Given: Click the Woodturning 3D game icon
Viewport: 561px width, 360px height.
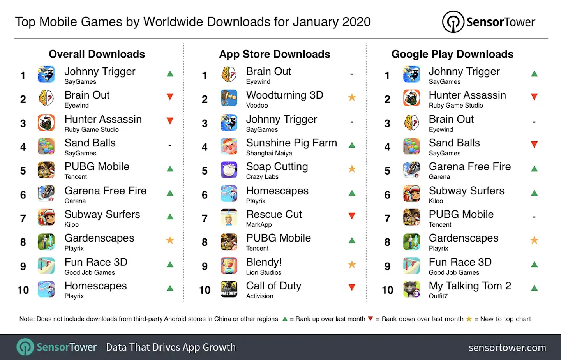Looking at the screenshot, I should coord(229,98).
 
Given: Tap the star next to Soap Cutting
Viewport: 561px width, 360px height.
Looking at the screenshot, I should coord(352,169).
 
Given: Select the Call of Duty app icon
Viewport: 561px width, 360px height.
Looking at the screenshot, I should coord(229,289).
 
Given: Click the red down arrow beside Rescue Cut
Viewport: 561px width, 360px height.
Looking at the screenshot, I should coord(352,216).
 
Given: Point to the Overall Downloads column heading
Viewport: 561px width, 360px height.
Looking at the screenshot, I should coord(97,54).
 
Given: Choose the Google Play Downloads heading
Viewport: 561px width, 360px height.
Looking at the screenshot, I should coord(452,54).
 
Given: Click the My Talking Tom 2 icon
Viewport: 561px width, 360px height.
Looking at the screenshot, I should coord(411,289).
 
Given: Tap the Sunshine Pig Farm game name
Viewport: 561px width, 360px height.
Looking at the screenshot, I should coord(291,143).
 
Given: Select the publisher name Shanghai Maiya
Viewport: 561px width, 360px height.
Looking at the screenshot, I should coord(269,153).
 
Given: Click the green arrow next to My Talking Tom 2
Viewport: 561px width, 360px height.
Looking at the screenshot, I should coord(534,288).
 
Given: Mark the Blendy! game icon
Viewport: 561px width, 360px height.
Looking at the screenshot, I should coord(229,265).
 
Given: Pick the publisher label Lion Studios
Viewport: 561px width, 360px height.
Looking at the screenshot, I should coord(263,272).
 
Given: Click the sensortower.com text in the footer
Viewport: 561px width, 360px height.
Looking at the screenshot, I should coord(507,348).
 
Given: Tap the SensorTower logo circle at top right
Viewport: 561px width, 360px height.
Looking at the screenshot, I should coord(453,22).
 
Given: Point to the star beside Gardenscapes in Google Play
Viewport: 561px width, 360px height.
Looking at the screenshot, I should coord(534,240).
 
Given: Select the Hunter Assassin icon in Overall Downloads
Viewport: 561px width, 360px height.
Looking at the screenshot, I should coord(46,122).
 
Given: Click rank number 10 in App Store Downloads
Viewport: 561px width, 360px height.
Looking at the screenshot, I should coord(205,290).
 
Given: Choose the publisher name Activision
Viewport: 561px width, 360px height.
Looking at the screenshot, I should coord(259,296).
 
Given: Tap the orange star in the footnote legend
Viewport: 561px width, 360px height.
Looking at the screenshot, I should coord(469,319).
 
